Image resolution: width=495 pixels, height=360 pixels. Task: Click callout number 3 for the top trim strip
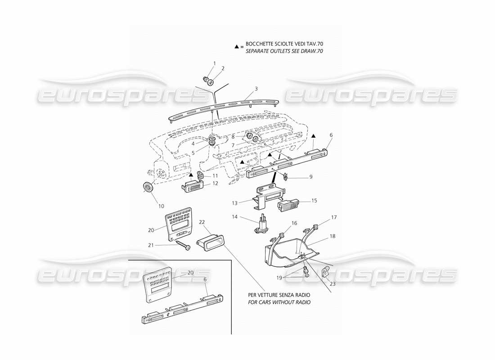pyautogui.click(x=256, y=89)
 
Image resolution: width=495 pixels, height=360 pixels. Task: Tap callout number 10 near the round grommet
pyautogui.click(x=161, y=206)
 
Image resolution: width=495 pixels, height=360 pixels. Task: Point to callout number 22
pyautogui.click(x=202, y=222)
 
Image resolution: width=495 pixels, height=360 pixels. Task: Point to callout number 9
pyautogui.click(x=310, y=177)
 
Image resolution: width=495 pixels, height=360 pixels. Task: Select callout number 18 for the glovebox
pyautogui.click(x=332, y=236)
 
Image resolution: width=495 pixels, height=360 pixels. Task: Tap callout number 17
pyautogui.click(x=333, y=217)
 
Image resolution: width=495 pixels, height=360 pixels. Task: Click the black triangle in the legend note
pyautogui.click(x=237, y=46)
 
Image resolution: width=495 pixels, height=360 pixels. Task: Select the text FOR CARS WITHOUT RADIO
pyautogui.click(x=279, y=302)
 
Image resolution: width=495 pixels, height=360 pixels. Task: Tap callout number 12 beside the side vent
pyautogui.click(x=215, y=183)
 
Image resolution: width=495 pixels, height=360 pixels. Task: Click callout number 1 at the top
pyautogui.click(x=215, y=63)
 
